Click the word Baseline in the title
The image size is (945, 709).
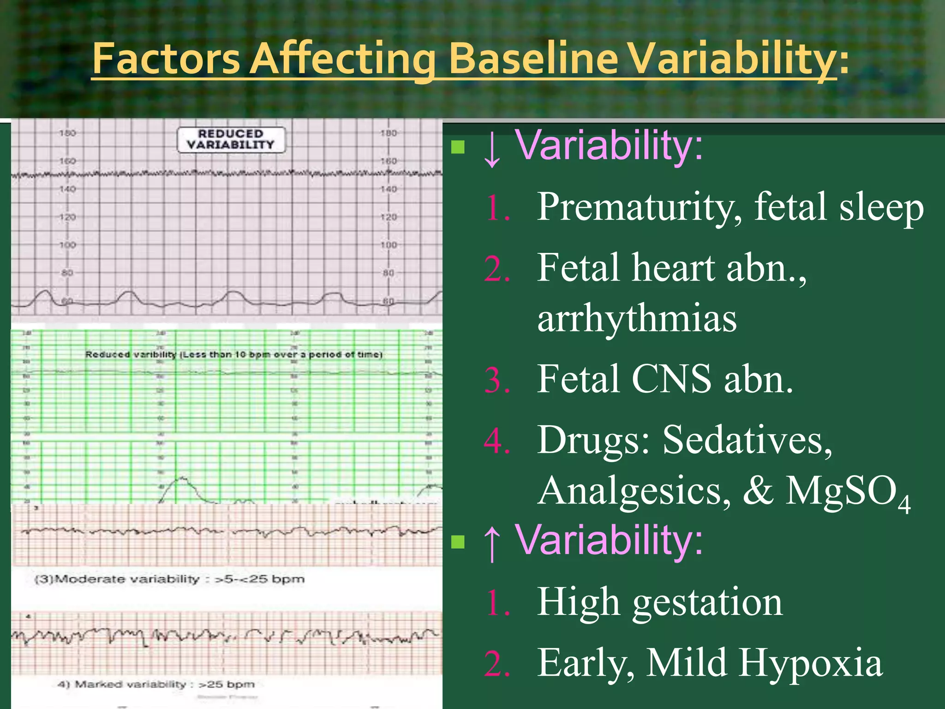tap(533, 59)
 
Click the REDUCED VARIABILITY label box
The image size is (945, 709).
tap(231, 139)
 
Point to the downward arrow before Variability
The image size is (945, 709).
tap(492, 149)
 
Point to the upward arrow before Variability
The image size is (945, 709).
tap(492, 542)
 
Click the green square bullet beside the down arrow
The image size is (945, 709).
tap(458, 147)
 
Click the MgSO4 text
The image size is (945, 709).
tap(847, 492)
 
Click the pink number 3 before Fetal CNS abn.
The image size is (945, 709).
tap(496, 380)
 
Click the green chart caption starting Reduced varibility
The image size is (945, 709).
tap(233, 354)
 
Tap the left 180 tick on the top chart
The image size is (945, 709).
tap(67, 133)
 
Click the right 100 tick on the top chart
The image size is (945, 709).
tap(388, 245)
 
